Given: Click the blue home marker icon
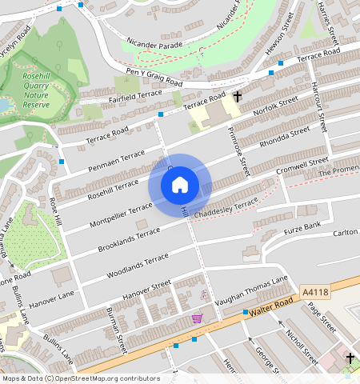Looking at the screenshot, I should pyautogui.click(x=180, y=185).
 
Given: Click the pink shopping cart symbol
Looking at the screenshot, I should pyautogui.click(x=197, y=318).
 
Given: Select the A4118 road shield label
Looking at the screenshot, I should pyautogui.click(x=317, y=293).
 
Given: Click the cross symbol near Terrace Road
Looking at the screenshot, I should pyautogui.click(x=238, y=96).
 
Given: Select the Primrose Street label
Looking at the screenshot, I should pyautogui.click(x=238, y=153).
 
